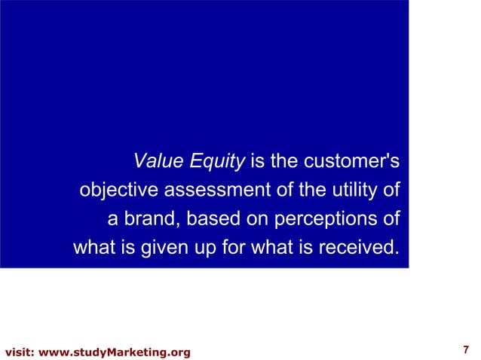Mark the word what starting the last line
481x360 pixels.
[94, 248]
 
